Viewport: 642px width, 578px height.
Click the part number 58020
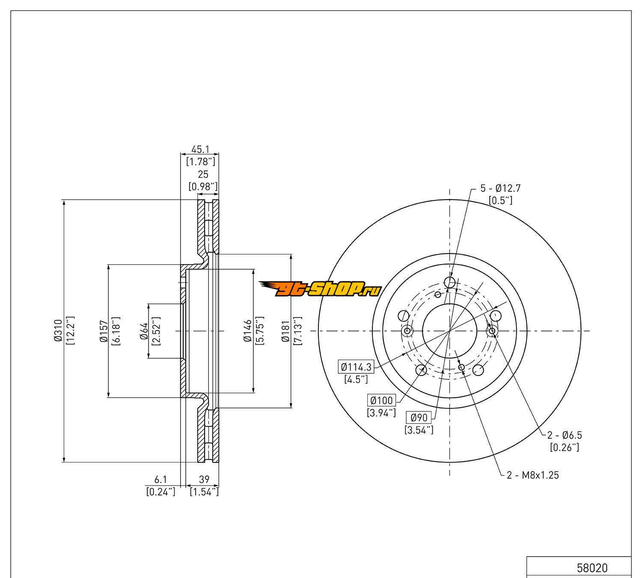pyautogui.click(x=592, y=568)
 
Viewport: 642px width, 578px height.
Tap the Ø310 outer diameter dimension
pyautogui.click(x=58, y=331)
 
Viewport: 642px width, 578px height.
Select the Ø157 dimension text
pyautogui.click(x=103, y=331)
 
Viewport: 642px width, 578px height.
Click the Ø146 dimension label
pyautogui.click(x=247, y=331)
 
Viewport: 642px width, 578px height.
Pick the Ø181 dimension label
pyautogui.click(x=285, y=331)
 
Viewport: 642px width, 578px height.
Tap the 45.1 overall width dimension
pyautogui.click(x=199, y=149)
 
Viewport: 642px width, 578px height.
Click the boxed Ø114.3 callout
pyautogui.click(x=355, y=367)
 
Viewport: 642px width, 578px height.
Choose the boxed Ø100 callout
pyautogui.click(x=381, y=400)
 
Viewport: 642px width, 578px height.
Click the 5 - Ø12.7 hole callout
pyautogui.click(x=500, y=188)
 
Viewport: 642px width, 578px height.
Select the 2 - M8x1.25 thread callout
pyautogui.click(x=533, y=475)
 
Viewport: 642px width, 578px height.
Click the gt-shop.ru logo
pyautogui.click(x=320, y=290)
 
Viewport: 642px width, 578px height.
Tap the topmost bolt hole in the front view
pyautogui.click(x=449, y=282)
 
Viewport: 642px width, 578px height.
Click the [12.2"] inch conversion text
pyautogui.click(x=70, y=331)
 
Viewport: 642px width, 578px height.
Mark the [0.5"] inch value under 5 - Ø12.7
pyautogui.click(x=500, y=200)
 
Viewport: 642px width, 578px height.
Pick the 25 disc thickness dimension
pyautogui.click(x=203, y=174)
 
